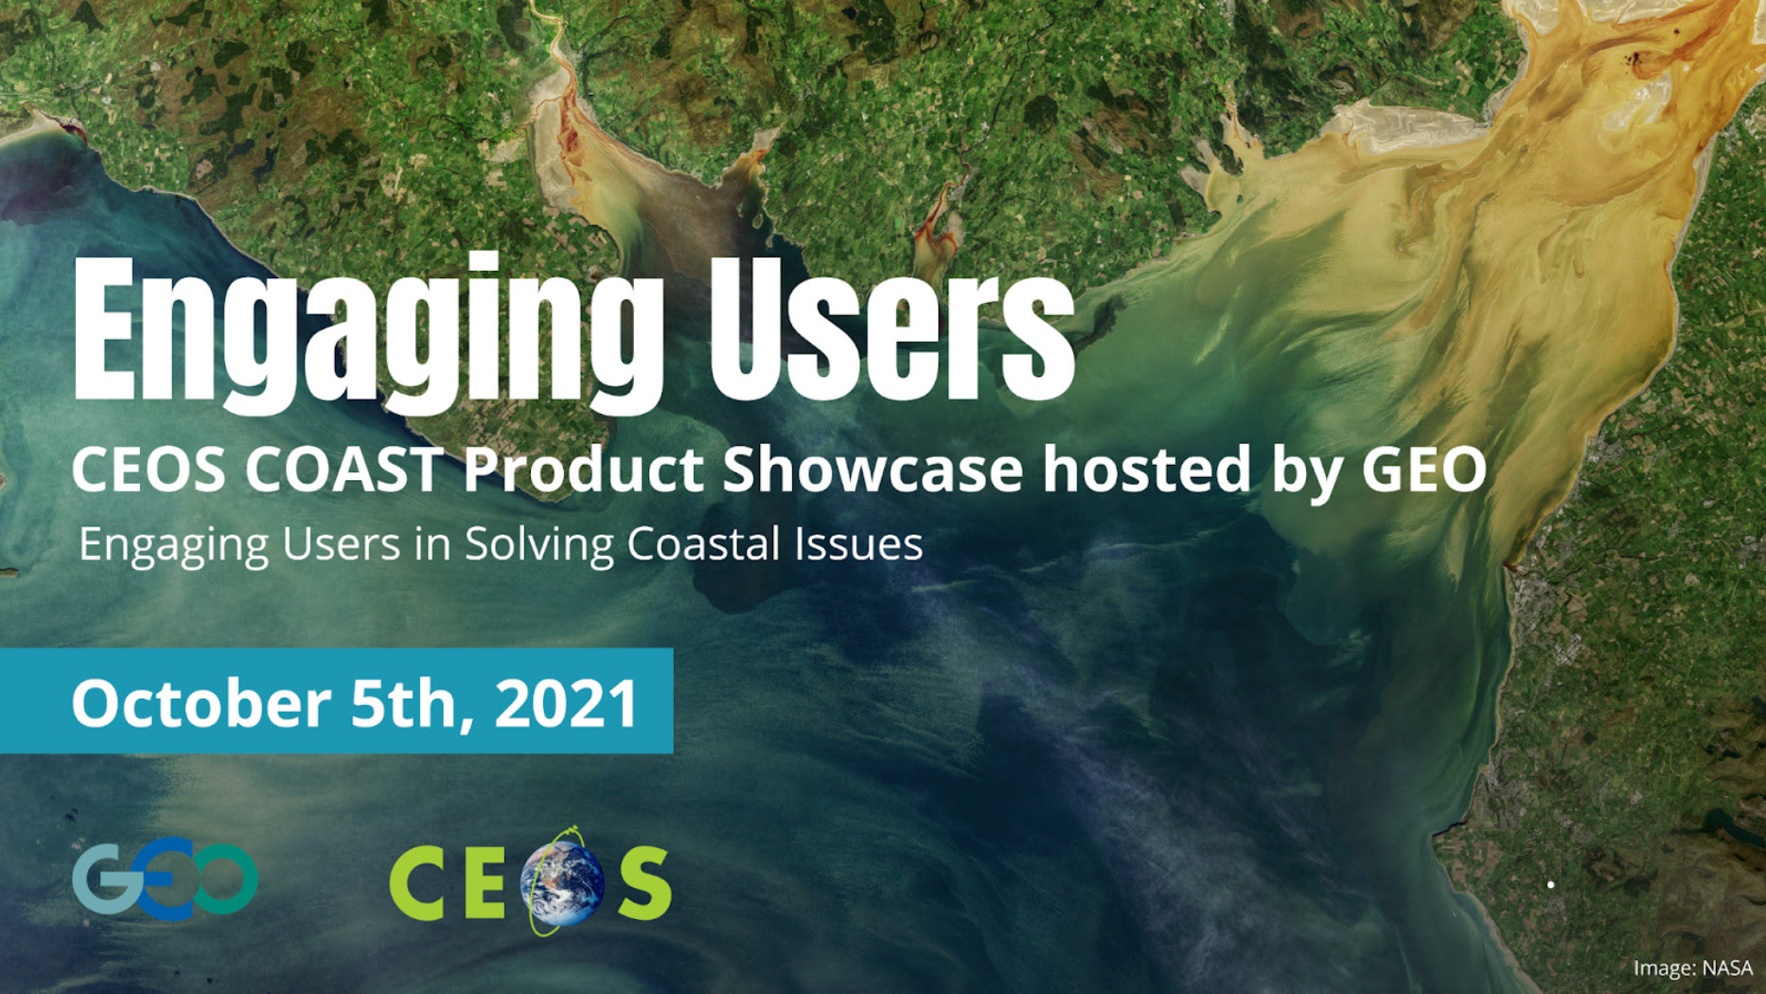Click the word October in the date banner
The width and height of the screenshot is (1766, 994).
click(x=201, y=703)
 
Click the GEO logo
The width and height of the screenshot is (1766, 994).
click(x=165, y=879)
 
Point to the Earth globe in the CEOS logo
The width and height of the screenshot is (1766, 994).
click(x=565, y=883)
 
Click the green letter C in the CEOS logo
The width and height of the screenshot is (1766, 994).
click(x=417, y=883)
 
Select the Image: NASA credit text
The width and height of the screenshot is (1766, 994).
click(x=1692, y=968)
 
